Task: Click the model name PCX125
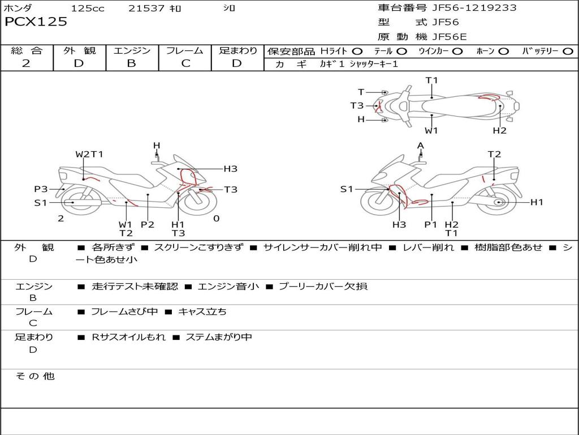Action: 36,22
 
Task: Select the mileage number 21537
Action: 146,8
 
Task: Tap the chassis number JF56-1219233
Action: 474,8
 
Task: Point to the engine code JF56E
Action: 450,37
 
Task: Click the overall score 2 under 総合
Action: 27,63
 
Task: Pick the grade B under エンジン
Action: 132,63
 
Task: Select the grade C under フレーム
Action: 185,63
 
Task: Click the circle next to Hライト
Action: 357,52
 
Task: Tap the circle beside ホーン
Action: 504,52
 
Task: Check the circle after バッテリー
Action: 568,52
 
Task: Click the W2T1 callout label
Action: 89,154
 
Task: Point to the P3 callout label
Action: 41,189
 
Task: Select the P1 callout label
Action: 431,224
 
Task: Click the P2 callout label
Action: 147,224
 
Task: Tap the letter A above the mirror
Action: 420,146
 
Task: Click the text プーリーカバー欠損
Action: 323,287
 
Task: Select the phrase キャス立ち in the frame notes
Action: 202,312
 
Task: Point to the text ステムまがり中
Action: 219,337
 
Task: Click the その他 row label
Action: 35,376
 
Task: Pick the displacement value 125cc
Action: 88,8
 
